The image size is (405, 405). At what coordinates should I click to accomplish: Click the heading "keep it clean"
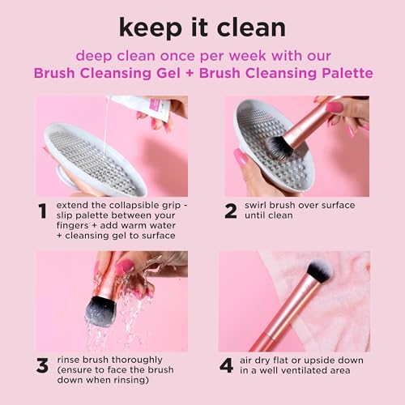point(202,27)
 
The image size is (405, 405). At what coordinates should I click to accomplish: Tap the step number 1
point(42,211)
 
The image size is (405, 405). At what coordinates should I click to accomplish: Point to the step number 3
point(42,364)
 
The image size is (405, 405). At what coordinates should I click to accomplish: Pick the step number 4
point(228,364)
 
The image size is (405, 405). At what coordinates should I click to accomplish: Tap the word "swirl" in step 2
point(262,207)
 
